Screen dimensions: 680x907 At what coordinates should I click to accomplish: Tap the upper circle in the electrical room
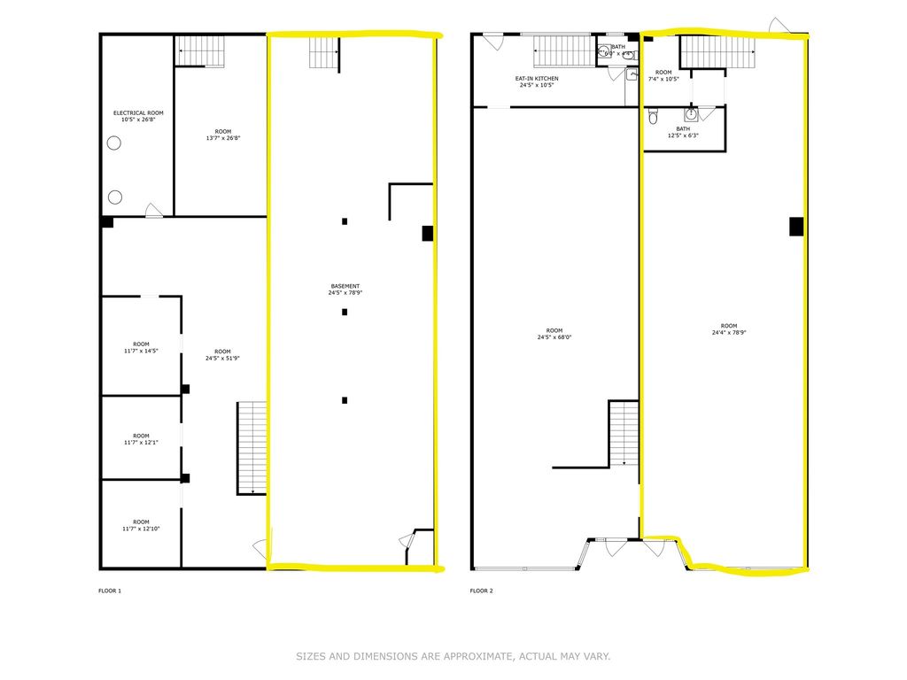[x=114, y=143]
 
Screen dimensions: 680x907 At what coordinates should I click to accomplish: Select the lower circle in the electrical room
[x=114, y=196]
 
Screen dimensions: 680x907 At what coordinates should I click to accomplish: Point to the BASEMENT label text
[x=345, y=290]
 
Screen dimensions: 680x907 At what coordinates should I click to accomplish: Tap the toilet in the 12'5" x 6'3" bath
[x=653, y=115]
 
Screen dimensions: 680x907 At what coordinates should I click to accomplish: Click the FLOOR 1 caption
[x=109, y=590]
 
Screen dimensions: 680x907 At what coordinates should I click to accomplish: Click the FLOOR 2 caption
[x=482, y=590]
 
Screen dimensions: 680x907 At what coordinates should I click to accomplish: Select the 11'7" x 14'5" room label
[x=141, y=348]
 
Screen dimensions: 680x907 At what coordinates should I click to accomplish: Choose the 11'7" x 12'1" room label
[x=141, y=439]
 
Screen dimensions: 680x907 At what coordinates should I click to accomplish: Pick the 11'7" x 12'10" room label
[x=141, y=526]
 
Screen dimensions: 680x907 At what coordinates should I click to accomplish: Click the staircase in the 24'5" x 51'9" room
[x=252, y=448]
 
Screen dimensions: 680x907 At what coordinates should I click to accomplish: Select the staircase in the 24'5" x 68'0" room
[x=624, y=433]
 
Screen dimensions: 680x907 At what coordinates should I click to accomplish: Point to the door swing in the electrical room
[x=154, y=210]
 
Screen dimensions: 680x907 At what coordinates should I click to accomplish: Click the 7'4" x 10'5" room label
[x=663, y=76]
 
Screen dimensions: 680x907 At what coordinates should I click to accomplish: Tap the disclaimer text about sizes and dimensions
[x=453, y=657]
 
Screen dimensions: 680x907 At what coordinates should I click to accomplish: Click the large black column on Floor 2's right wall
[x=796, y=226]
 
